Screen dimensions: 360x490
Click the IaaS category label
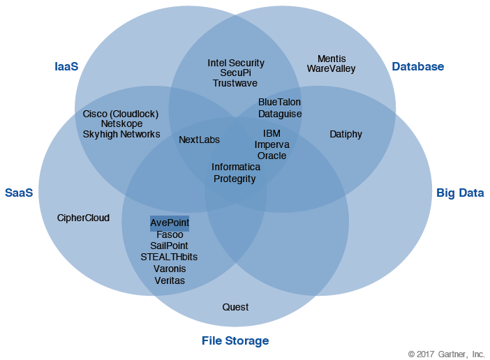(x=66, y=67)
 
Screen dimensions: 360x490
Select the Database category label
(x=417, y=67)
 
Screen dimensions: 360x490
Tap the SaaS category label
(x=19, y=193)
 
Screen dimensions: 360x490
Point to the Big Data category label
(x=460, y=193)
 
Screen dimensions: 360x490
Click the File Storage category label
(x=235, y=341)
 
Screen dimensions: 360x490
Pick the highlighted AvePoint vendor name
(x=170, y=223)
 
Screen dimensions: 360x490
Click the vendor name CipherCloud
(x=83, y=218)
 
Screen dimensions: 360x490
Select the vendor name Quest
(x=235, y=307)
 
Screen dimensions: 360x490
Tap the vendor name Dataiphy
(x=346, y=134)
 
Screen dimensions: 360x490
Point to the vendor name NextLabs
(x=199, y=140)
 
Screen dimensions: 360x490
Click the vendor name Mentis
(x=332, y=59)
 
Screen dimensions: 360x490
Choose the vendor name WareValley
(x=332, y=69)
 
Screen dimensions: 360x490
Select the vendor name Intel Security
(x=236, y=63)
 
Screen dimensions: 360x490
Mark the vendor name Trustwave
(x=236, y=83)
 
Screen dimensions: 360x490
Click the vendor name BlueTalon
(x=279, y=102)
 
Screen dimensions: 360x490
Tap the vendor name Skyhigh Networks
(x=121, y=134)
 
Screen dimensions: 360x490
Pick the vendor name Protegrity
(x=235, y=179)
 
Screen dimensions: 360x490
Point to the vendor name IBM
(x=272, y=133)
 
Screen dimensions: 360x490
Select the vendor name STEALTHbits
(x=169, y=257)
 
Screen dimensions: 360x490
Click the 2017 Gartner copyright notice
(x=446, y=354)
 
